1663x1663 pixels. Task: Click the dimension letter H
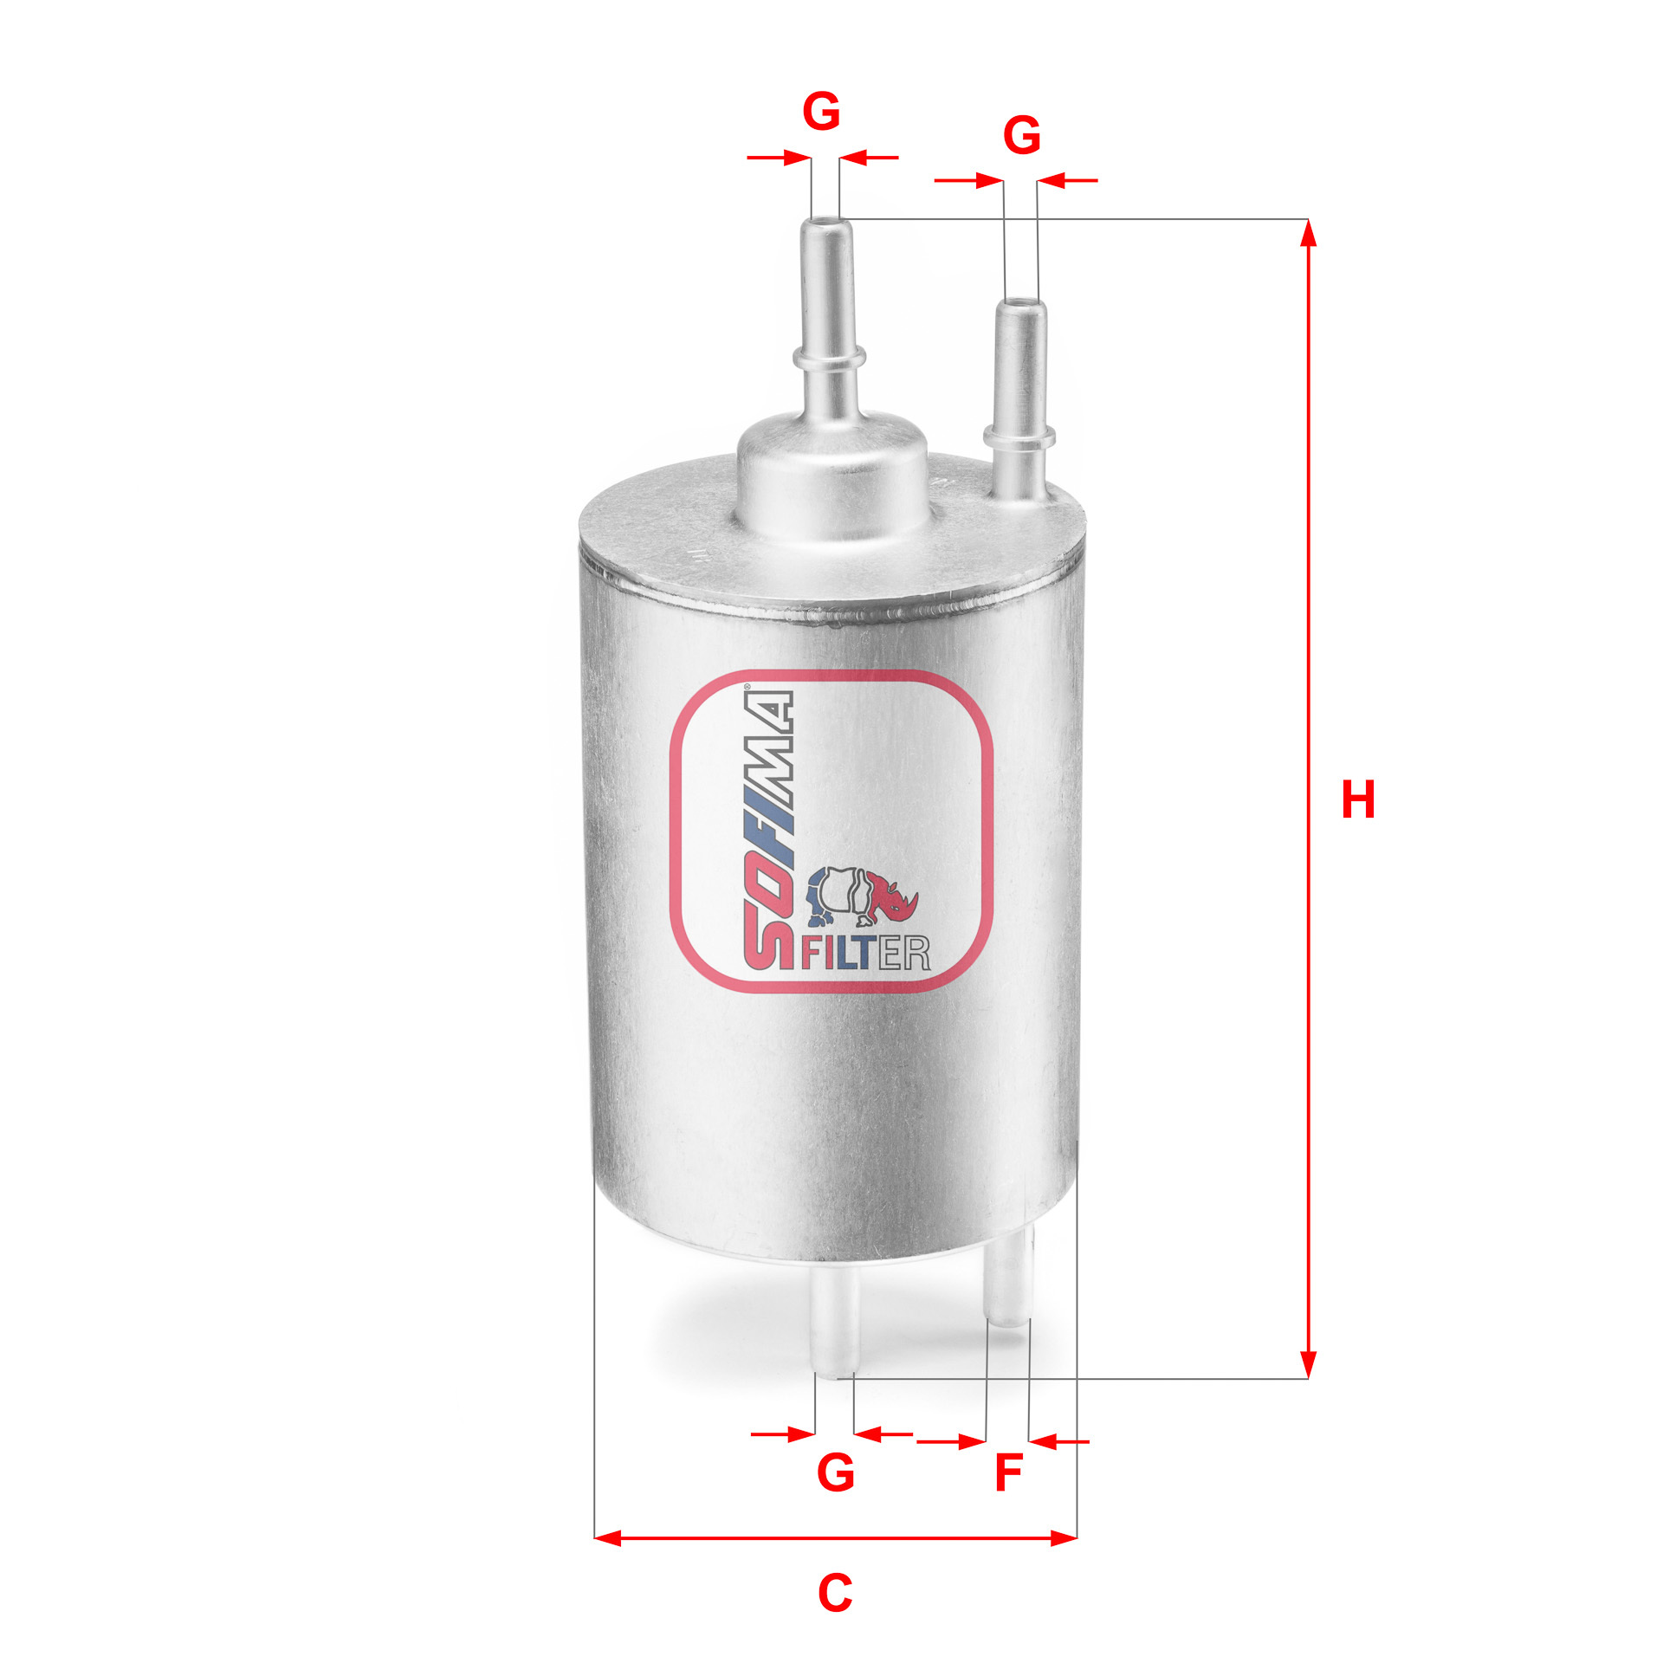click(x=1357, y=799)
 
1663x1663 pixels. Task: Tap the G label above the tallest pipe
click(x=821, y=113)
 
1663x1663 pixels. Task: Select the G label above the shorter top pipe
click(x=1021, y=136)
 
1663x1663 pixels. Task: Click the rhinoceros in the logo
click(x=863, y=896)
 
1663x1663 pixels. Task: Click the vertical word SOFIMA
click(x=767, y=830)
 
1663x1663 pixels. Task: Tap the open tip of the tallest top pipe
click(x=826, y=223)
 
